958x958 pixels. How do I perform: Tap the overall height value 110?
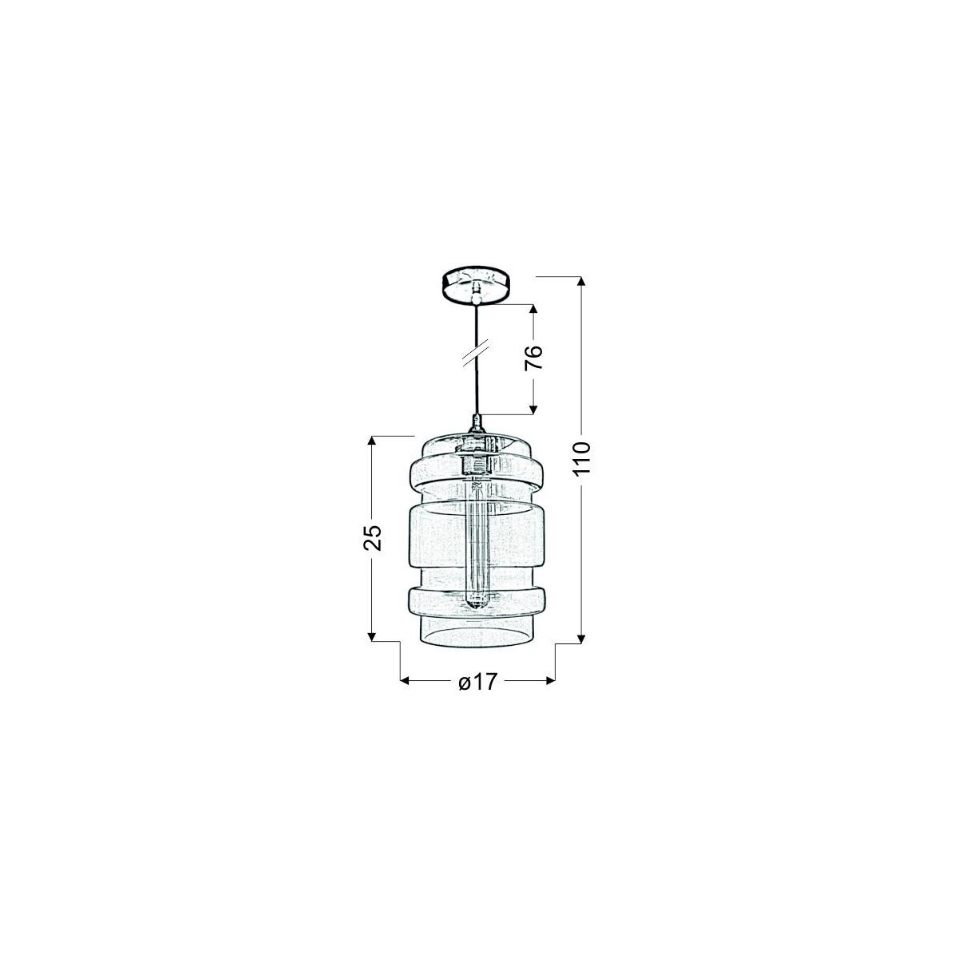581,458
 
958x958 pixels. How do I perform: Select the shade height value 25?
373,537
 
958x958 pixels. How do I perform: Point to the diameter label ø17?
477,682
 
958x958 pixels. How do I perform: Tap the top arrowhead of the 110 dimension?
581,282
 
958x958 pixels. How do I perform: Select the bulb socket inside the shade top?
476,463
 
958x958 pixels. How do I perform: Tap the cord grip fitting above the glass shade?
476,423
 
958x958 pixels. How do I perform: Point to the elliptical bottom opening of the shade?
476,635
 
